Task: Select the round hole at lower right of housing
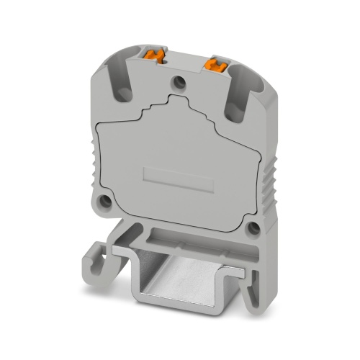coord(253,228)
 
